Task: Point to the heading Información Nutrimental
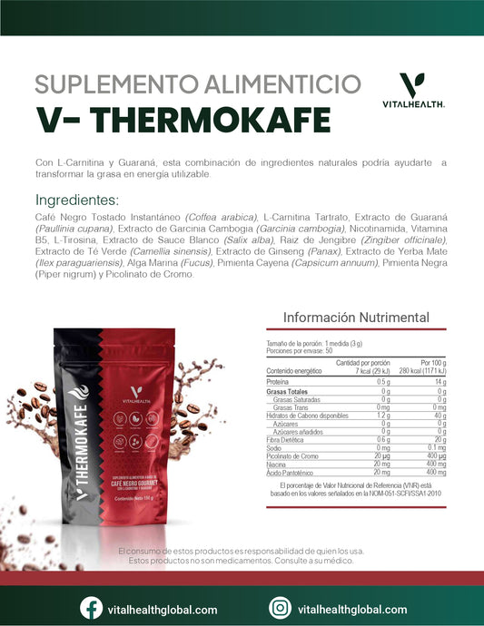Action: (356, 318)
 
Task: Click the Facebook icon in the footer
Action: (91, 608)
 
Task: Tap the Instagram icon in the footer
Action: (282, 608)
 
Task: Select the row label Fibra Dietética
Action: (289, 439)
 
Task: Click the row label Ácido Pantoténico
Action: (291, 472)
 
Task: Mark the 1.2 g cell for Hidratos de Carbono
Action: (382, 415)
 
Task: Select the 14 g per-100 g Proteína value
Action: (440, 381)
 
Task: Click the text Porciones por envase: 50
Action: (300, 349)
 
